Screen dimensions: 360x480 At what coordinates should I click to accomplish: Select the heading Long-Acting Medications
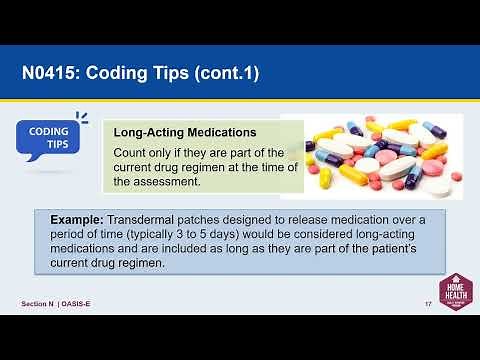[x=185, y=132]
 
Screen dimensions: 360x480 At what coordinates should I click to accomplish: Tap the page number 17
[x=428, y=303]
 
